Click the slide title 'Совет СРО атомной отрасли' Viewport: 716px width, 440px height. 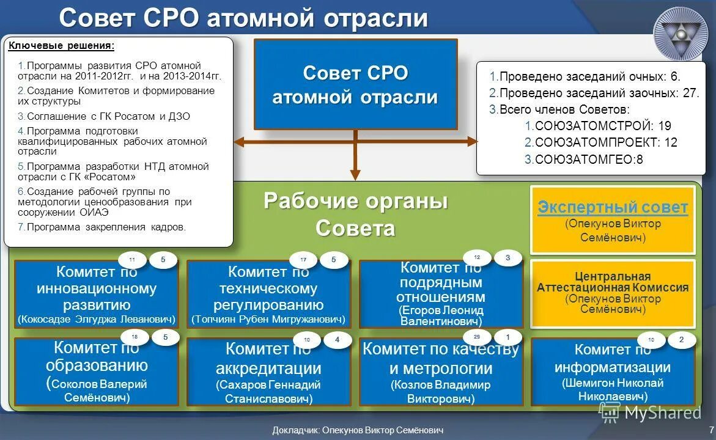point(243,18)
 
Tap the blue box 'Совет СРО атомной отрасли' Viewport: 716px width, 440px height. point(355,84)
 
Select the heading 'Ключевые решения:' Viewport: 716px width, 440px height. point(61,46)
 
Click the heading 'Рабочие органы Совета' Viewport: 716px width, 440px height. point(355,215)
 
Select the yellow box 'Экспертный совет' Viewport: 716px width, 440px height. point(612,220)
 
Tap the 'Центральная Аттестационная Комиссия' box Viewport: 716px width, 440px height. point(612,293)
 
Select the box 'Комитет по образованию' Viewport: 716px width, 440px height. point(97,372)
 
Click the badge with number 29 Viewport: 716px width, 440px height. point(477,336)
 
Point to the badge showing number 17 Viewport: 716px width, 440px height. point(303,260)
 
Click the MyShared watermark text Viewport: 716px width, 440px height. point(662,413)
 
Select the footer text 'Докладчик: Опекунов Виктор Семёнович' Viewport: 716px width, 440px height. point(358,430)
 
